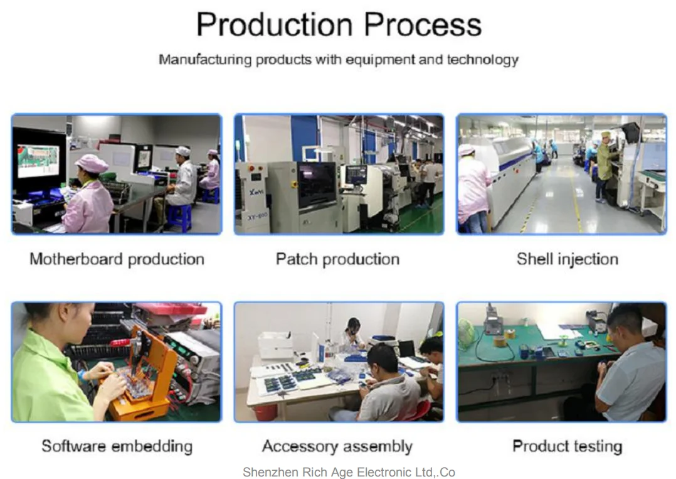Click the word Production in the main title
275,24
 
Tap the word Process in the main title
423,24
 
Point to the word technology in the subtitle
482,60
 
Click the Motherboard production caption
117,259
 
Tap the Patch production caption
337,259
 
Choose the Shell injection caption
568,259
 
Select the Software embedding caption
117,446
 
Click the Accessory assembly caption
337,446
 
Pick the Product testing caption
568,446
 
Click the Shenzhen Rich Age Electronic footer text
349,472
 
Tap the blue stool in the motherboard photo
180,217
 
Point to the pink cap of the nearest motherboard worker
92,163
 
